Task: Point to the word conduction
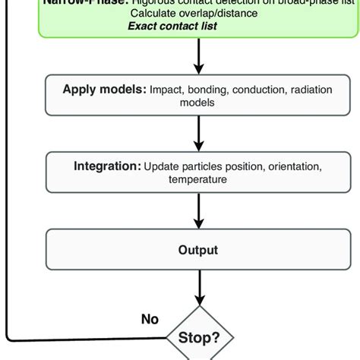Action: click(254, 89)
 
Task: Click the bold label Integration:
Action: click(107, 166)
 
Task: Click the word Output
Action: click(198, 250)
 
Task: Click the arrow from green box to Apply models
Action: click(198, 58)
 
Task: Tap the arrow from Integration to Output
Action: click(198, 213)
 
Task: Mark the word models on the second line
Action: click(198, 103)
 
